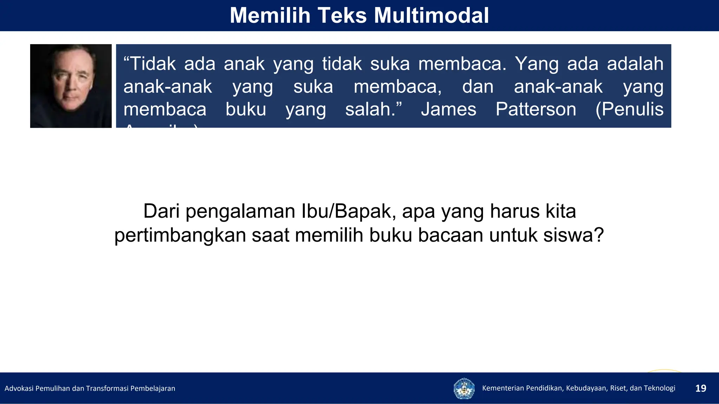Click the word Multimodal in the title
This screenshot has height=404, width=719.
click(431, 16)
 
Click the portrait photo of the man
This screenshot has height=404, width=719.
click(71, 86)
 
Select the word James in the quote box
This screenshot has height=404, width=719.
click(448, 109)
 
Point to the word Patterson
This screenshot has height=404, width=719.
click(536, 109)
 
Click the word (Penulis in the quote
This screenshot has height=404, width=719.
click(629, 109)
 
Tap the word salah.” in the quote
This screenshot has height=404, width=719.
click(373, 109)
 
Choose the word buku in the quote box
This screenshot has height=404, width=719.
click(246, 109)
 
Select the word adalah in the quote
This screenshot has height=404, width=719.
click(635, 64)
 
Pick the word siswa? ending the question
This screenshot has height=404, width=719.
click(573, 235)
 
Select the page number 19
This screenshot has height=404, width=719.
click(701, 388)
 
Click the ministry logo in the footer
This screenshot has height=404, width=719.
click(464, 388)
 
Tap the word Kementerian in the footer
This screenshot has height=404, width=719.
click(503, 388)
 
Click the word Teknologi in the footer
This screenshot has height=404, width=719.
click(659, 388)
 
